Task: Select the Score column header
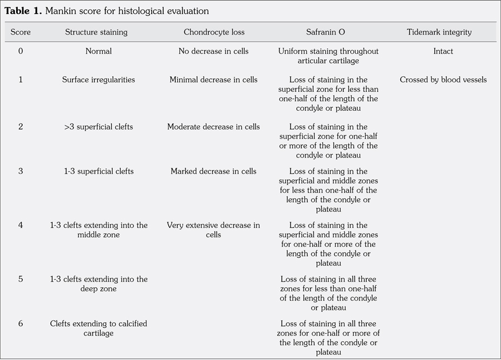(x=21, y=32)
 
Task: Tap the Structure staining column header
(x=96, y=32)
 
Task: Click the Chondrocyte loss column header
(x=214, y=32)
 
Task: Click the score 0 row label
(x=21, y=51)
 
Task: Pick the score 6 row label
(x=21, y=323)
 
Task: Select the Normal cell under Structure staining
(x=99, y=51)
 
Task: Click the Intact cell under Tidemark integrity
(x=443, y=51)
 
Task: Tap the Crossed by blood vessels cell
(x=443, y=80)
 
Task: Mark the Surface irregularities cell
(x=99, y=80)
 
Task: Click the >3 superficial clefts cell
(x=99, y=127)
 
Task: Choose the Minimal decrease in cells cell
(x=214, y=80)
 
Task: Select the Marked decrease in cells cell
(x=214, y=171)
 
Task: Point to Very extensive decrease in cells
(x=214, y=230)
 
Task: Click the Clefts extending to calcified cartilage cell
(x=99, y=328)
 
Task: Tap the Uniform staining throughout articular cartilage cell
(x=328, y=56)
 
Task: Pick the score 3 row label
(x=21, y=171)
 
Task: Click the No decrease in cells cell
(x=214, y=51)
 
